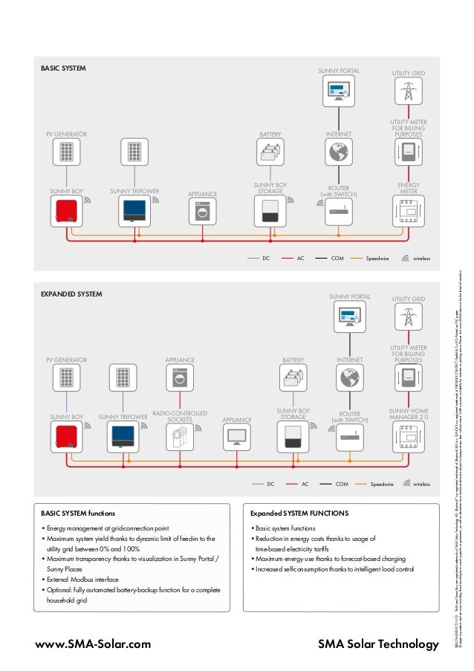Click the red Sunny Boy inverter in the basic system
coord(66,211)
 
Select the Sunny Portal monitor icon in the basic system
coord(339,91)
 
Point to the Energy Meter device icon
coord(408,211)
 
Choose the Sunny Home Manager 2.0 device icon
coord(408,435)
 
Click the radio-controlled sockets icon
coord(179,435)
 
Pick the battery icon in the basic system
coord(270,153)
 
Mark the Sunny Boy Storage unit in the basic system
coord(270,211)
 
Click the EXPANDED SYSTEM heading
coord(71,294)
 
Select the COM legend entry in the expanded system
coord(336,484)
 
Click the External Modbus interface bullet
coord(81,579)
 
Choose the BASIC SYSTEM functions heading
coord(78,513)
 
